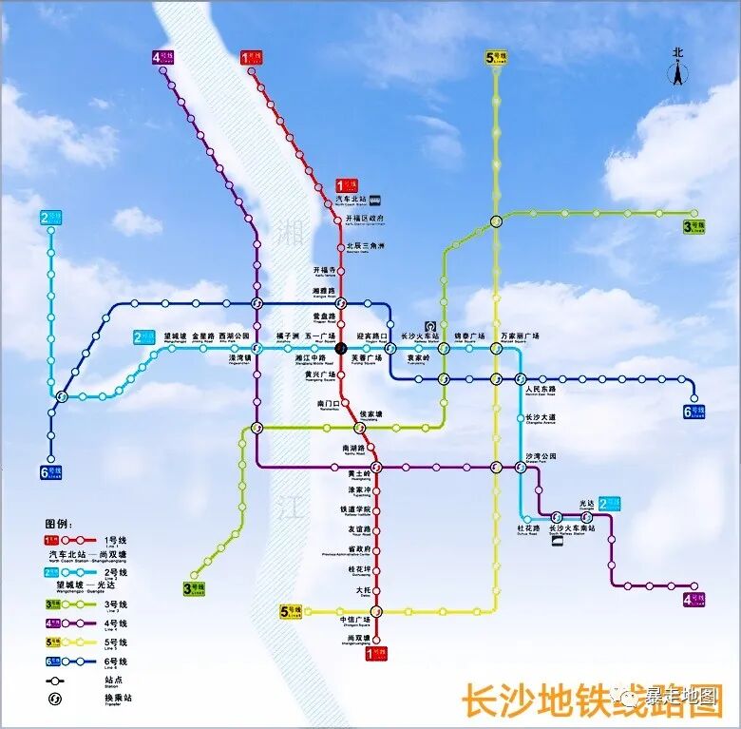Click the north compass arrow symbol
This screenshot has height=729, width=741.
[677, 69]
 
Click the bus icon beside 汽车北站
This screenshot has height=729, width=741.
[375, 200]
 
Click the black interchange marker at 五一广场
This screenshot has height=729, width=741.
[342, 348]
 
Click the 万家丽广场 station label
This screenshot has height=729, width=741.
[519, 336]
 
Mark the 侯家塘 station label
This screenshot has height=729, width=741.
[371, 414]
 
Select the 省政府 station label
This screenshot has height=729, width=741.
[358, 549]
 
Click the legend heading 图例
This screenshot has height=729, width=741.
[58, 524]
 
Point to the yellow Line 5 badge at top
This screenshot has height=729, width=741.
[495, 57]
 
